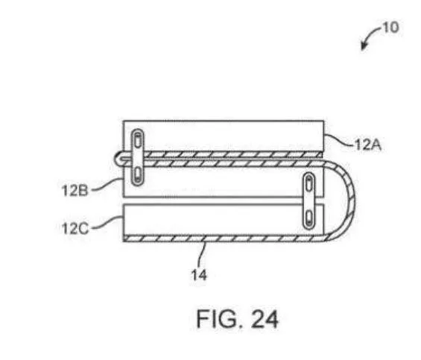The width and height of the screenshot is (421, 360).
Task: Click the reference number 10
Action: (390, 28)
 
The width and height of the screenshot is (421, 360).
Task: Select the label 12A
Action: (368, 145)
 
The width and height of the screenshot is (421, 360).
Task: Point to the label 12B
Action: (75, 191)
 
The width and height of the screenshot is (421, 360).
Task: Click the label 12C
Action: (75, 229)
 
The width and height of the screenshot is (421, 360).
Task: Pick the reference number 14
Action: (199, 275)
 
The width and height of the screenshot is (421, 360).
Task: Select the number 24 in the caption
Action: (265, 319)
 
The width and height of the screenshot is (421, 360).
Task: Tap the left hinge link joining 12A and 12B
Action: (137, 157)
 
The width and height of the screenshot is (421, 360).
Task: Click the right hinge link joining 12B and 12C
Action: (308, 201)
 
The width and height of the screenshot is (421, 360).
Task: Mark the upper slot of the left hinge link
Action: (138, 141)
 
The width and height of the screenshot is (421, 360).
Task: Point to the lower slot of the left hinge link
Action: (137, 174)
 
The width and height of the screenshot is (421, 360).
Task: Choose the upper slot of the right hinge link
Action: (309, 184)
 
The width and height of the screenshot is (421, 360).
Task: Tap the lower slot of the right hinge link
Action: (308, 218)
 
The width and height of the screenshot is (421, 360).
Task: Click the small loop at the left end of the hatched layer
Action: (118, 159)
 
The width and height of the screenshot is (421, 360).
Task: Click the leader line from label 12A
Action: (339, 139)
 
